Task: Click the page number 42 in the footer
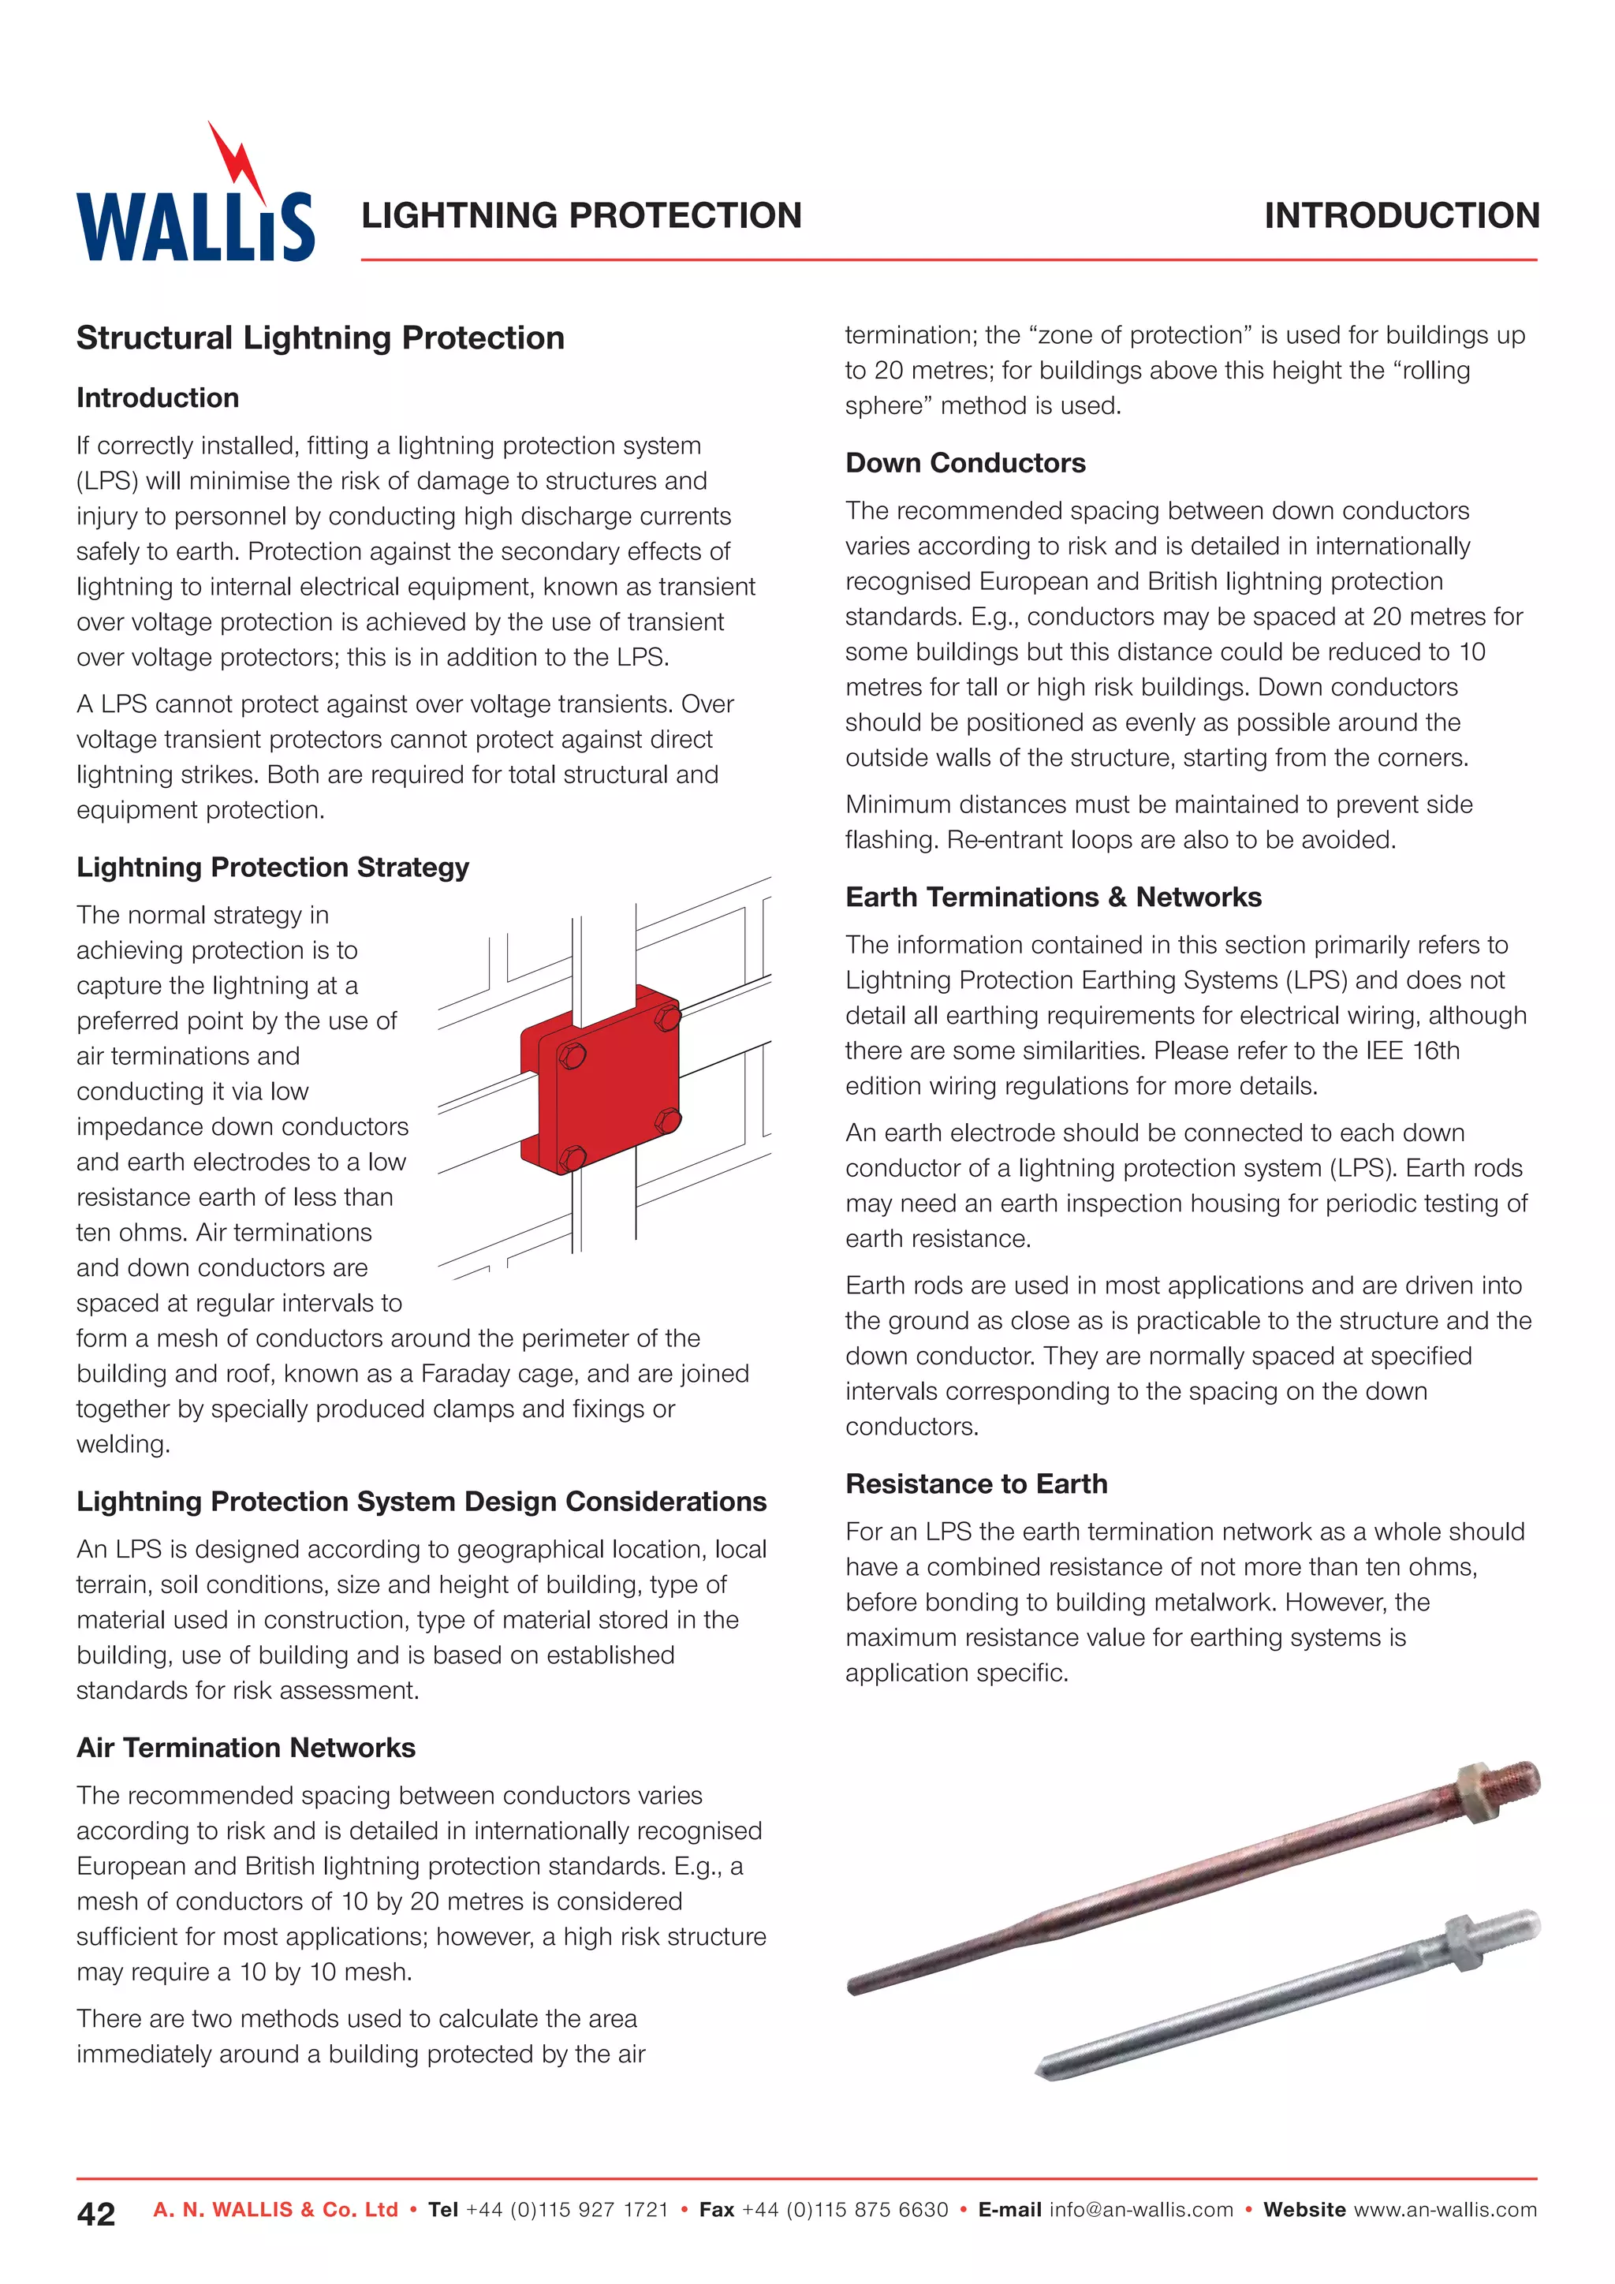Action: point(96,2213)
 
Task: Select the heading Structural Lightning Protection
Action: point(320,338)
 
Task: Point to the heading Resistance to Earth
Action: point(975,1483)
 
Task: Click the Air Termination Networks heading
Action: point(245,1747)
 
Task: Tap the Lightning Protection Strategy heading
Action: point(273,867)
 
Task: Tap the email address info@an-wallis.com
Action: point(1140,2209)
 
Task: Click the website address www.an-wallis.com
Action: point(1445,2209)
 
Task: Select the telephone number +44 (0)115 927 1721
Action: point(567,2209)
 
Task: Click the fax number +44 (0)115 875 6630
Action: point(845,2209)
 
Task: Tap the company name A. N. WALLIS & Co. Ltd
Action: point(275,2209)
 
